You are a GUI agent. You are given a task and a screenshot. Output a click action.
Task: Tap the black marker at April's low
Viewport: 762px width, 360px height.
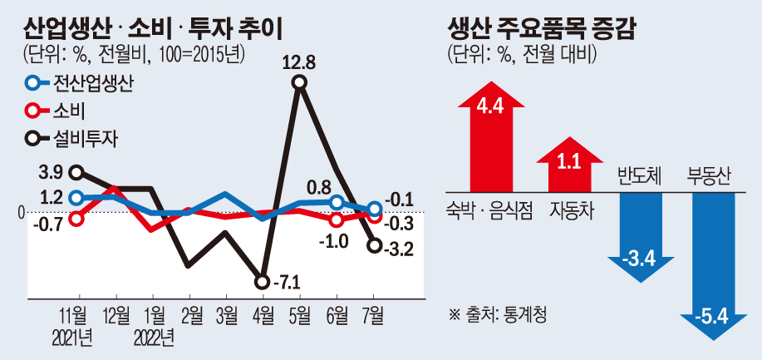click(263, 282)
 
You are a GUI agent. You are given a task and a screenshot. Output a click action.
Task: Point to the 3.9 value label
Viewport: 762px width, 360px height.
click(51, 172)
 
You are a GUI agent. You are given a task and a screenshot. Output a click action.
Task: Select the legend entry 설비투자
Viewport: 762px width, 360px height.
click(71, 137)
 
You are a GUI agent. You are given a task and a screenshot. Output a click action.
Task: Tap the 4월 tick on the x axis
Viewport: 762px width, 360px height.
click(263, 315)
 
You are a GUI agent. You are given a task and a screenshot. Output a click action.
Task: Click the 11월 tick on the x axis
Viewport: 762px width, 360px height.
click(78, 315)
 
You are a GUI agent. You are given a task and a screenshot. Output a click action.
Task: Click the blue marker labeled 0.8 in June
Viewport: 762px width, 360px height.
click(337, 202)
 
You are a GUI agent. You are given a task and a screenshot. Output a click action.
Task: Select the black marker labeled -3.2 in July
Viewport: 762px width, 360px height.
click(374, 245)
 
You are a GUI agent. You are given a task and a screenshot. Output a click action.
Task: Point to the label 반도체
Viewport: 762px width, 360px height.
click(639, 176)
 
